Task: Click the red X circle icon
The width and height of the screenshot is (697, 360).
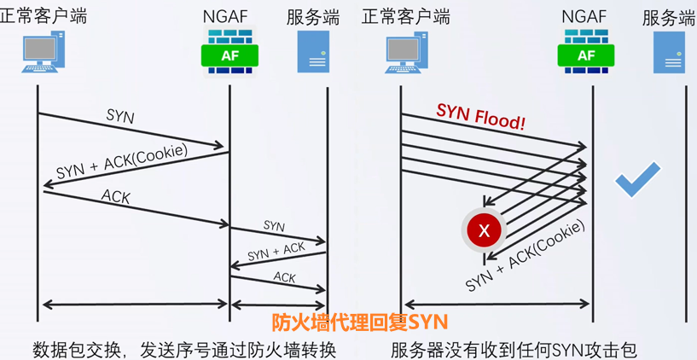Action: click(x=485, y=229)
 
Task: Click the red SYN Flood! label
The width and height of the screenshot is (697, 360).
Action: click(x=480, y=116)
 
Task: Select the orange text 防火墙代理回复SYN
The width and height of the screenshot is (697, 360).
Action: click(x=359, y=322)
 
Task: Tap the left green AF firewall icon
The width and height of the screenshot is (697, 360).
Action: click(x=229, y=53)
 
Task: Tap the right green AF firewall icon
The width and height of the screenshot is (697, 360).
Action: click(x=586, y=53)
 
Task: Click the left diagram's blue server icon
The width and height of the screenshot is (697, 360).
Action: click(x=313, y=52)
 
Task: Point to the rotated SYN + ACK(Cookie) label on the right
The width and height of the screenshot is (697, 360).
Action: click(x=526, y=255)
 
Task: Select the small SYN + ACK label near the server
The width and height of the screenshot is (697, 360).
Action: click(x=276, y=252)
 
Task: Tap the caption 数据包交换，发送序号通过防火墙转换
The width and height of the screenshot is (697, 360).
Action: click(x=184, y=349)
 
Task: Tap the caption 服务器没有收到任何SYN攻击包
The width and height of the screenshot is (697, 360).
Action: click(x=514, y=349)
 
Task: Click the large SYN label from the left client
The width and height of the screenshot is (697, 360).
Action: click(x=120, y=116)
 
